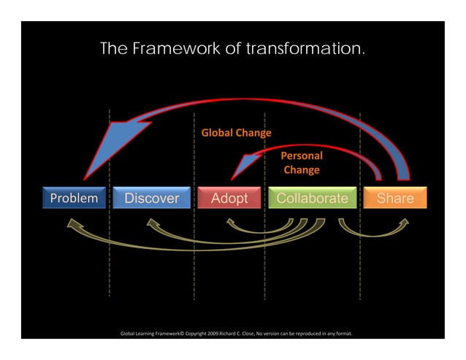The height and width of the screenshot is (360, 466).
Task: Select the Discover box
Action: point(151,198)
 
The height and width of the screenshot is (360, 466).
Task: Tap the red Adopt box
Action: point(229,198)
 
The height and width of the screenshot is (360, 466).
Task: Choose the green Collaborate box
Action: point(312,198)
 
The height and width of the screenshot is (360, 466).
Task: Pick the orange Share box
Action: point(395,198)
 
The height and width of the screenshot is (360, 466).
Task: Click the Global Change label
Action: point(236,134)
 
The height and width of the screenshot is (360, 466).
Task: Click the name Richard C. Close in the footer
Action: point(252,334)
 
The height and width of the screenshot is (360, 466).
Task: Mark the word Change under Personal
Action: point(302,170)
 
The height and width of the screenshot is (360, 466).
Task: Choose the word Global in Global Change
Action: point(217,134)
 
